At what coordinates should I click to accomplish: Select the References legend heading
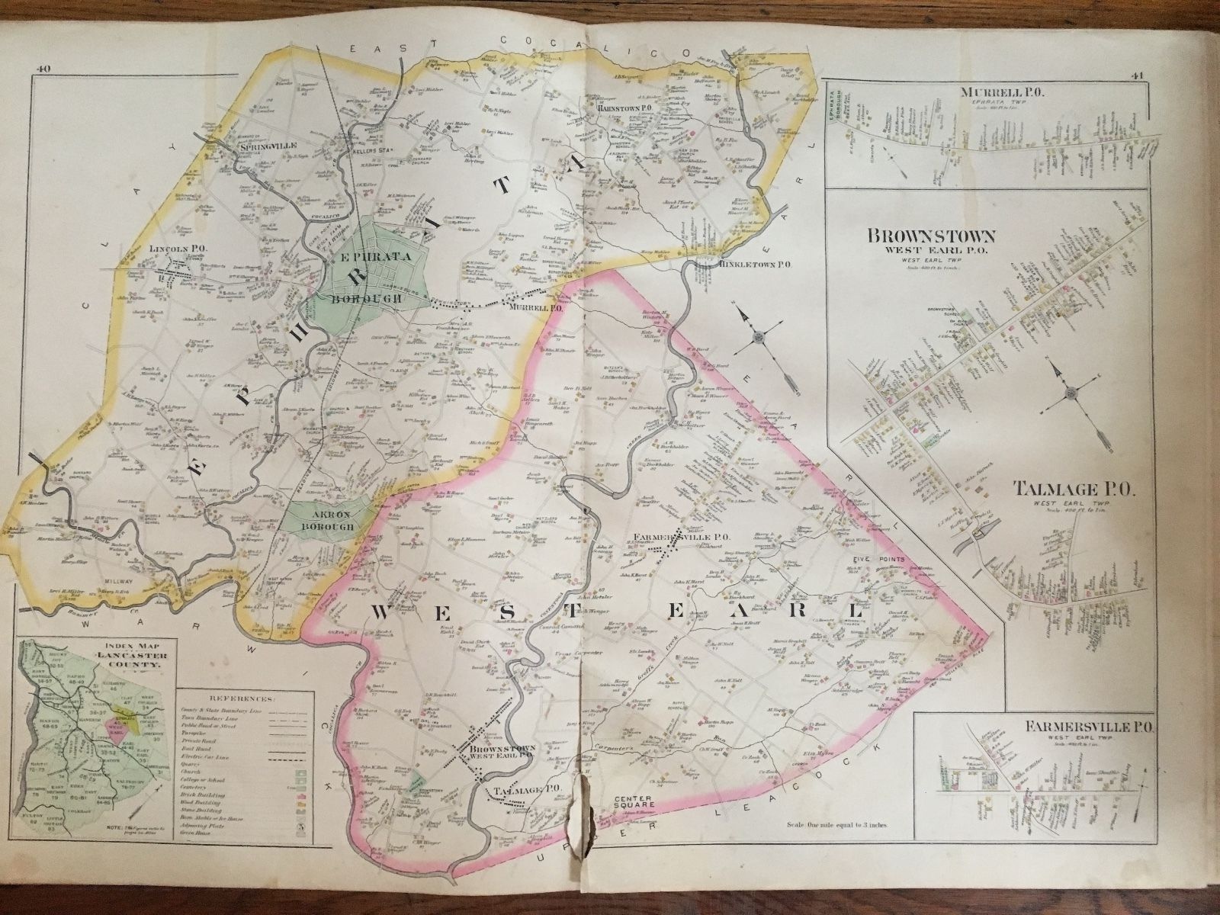(245, 698)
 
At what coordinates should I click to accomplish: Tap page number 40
(42, 72)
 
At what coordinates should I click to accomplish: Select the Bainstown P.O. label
(624, 109)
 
